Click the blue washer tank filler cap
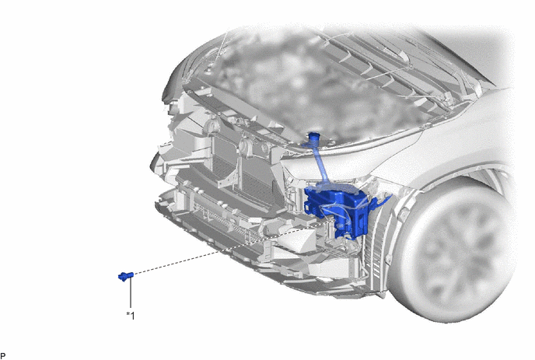tap(313, 137)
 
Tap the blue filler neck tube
tap(320, 160)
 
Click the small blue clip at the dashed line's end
tap(125, 276)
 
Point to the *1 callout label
tap(131, 316)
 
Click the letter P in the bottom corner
tap(3, 356)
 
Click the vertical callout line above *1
tap(131, 293)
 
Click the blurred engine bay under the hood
tap(307, 86)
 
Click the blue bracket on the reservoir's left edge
tap(309, 206)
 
